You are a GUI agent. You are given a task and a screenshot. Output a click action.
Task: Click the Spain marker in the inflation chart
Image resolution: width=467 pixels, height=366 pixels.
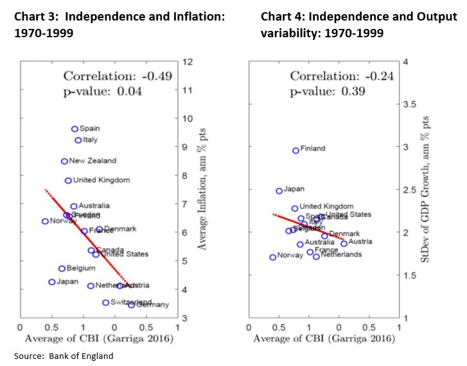[x=75, y=128]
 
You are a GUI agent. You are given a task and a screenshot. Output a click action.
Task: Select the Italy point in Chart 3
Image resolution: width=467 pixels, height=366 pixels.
[x=78, y=140]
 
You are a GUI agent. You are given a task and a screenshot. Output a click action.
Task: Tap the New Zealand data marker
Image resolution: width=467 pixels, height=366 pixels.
[x=64, y=161]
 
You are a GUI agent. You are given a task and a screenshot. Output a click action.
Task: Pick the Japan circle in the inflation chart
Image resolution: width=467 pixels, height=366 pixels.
[x=52, y=282]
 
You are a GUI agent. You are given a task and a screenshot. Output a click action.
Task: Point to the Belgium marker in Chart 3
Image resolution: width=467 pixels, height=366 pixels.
[x=62, y=268]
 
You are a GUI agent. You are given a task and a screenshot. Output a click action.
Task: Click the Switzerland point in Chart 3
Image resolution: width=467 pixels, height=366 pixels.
[x=106, y=302]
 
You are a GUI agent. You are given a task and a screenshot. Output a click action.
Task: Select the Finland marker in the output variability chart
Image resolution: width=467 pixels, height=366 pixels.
[x=295, y=150]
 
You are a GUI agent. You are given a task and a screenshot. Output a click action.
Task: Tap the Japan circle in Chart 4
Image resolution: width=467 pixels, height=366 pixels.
[x=279, y=191]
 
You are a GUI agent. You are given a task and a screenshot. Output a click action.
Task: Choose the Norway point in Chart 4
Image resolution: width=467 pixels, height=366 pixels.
[x=272, y=257]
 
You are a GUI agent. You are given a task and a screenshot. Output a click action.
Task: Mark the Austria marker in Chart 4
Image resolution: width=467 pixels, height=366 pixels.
[x=344, y=243]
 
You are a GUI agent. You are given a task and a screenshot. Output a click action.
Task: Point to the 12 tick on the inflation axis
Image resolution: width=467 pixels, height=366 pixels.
[x=188, y=62]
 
